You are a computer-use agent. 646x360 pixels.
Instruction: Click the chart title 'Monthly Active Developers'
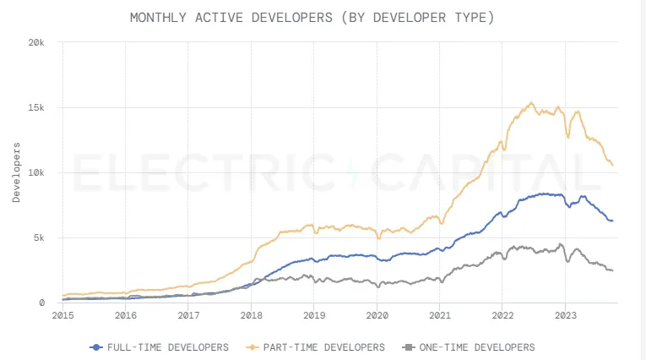(x=312, y=17)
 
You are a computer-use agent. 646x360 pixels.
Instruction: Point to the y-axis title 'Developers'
(x=17, y=172)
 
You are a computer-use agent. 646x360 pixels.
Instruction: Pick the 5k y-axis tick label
(x=49, y=237)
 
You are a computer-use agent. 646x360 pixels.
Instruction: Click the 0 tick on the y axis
(x=52, y=303)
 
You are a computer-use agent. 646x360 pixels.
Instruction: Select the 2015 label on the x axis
(x=62, y=315)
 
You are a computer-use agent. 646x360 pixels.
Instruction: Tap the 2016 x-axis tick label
(x=125, y=315)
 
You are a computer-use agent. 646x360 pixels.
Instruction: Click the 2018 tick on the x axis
(x=251, y=315)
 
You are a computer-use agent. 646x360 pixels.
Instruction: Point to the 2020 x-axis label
(x=377, y=315)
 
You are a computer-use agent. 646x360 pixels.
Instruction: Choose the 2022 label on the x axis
(x=502, y=315)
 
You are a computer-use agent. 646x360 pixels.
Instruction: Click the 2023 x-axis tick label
(x=565, y=315)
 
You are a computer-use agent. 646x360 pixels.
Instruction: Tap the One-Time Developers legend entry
(x=469, y=347)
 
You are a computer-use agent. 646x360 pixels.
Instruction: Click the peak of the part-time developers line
(x=531, y=103)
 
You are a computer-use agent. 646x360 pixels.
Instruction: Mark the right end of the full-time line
(x=612, y=221)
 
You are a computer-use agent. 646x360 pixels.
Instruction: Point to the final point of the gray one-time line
(x=612, y=270)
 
